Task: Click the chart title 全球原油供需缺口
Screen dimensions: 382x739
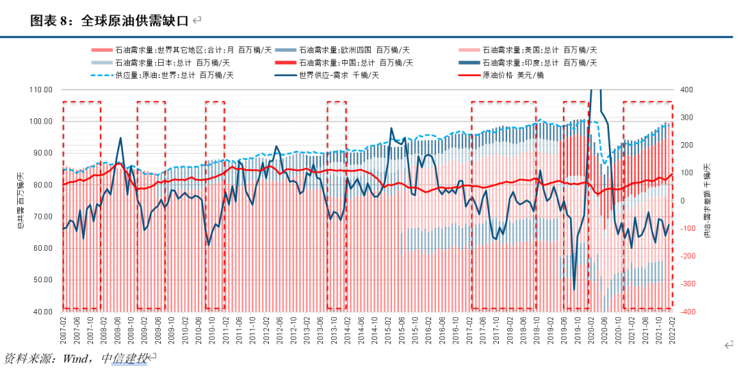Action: click(x=133, y=21)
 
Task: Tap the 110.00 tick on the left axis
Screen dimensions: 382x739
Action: click(x=41, y=90)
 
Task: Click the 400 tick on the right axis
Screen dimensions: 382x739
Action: click(x=687, y=90)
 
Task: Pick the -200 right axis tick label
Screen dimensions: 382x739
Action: click(x=688, y=256)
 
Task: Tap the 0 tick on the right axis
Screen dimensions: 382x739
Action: click(x=684, y=201)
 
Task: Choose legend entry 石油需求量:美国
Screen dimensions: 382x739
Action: click(x=540, y=50)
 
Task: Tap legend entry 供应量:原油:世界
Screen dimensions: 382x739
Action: click(x=174, y=75)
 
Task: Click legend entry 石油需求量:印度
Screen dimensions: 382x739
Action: click(x=540, y=63)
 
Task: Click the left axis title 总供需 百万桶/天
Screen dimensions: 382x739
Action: click(x=21, y=200)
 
